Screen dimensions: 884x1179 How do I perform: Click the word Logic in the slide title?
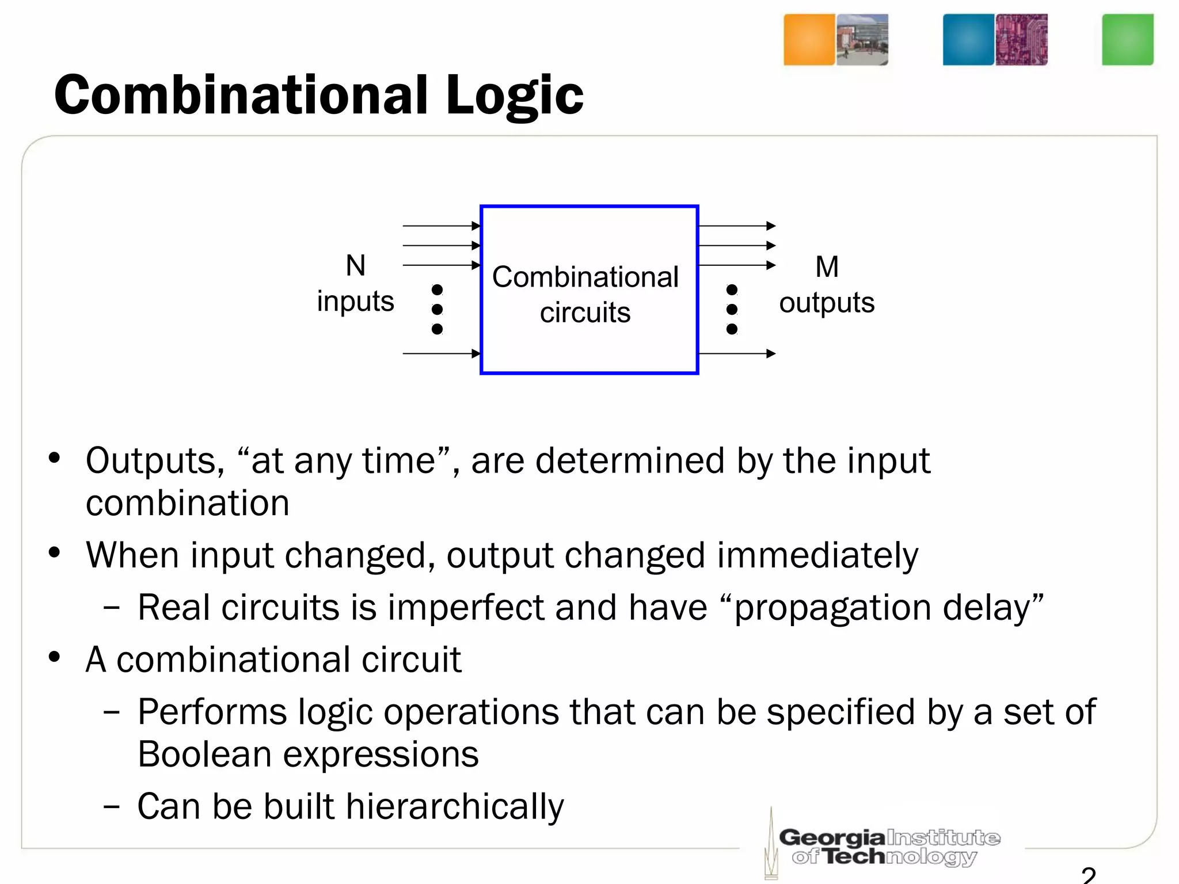click(x=514, y=96)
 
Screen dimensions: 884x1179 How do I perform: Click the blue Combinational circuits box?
click(x=589, y=290)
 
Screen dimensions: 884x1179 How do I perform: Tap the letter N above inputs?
click(x=356, y=266)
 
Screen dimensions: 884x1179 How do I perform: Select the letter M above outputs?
click(x=827, y=267)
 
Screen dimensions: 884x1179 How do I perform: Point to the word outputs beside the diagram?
click(x=827, y=303)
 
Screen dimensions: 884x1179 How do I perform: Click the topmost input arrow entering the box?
click(x=442, y=226)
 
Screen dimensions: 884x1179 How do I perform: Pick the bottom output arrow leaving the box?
click(x=737, y=353)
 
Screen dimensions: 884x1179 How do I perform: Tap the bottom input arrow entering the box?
click(x=442, y=353)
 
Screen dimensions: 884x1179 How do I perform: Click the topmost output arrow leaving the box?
click(x=737, y=226)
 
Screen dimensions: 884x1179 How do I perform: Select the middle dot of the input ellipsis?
click(x=437, y=310)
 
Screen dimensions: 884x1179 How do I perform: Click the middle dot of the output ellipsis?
click(x=732, y=310)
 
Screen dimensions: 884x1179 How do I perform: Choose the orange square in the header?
click(x=809, y=40)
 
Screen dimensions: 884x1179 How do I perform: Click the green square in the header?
click(x=1127, y=40)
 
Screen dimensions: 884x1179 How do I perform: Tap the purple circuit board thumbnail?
click(x=1021, y=40)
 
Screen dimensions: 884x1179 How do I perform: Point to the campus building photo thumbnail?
click(x=862, y=40)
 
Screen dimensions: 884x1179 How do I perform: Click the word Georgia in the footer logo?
click(x=832, y=837)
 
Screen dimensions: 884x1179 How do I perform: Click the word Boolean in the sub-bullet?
click(x=204, y=755)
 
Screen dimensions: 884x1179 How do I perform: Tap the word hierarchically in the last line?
click(x=455, y=807)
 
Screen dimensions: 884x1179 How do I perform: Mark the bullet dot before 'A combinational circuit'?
click(x=55, y=657)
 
